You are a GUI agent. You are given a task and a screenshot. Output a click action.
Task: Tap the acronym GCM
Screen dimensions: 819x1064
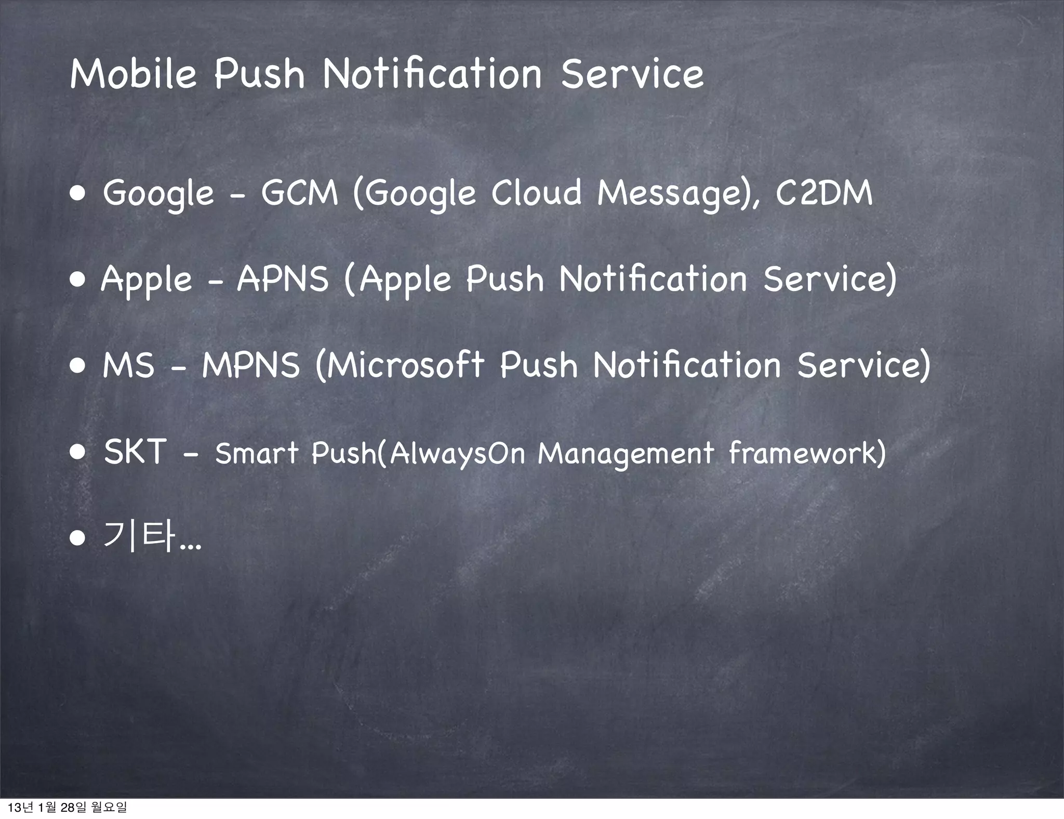(x=299, y=193)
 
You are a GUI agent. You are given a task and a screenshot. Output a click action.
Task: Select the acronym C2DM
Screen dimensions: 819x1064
(x=824, y=193)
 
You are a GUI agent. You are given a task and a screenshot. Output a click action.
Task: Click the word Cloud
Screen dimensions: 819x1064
(x=536, y=193)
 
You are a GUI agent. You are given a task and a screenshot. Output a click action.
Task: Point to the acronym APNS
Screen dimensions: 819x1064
(x=283, y=279)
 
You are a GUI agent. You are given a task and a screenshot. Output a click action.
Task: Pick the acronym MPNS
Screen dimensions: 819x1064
(x=251, y=365)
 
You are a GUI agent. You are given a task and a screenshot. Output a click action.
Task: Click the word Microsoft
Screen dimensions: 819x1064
(x=400, y=365)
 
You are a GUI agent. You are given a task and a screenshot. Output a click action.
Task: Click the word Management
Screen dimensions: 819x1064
(x=626, y=453)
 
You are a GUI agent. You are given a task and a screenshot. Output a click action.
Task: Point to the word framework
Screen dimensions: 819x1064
(x=807, y=453)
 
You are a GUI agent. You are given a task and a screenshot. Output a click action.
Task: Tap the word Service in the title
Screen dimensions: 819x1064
(x=632, y=74)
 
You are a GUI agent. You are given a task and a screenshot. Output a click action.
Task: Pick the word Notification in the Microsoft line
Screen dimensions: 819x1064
(x=687, y=365)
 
